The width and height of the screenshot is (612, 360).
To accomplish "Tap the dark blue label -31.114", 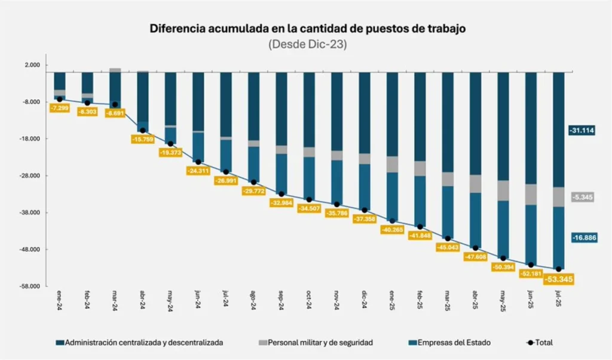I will point(581,130).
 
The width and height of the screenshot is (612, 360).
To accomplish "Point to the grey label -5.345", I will point(582,197).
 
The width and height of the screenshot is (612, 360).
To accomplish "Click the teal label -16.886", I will point(581,237).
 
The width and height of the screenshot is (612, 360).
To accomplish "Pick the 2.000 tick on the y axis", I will point(32,65).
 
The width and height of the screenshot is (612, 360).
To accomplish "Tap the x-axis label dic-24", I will point(364,298).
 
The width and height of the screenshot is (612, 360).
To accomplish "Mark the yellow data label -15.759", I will point(143,139).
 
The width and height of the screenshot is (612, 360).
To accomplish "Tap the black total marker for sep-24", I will point(281,194).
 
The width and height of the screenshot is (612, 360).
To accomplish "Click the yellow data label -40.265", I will point(392,230).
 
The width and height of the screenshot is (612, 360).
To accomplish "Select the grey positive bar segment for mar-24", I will point(115,70).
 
